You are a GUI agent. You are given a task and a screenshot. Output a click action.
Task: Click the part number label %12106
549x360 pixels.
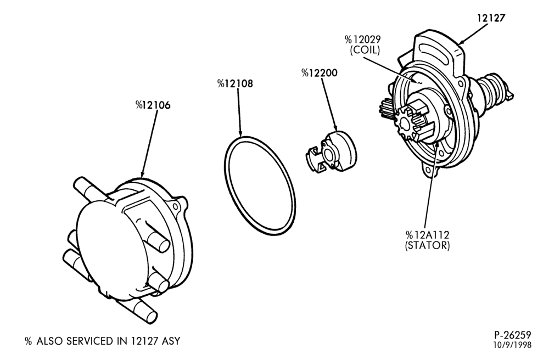pos(153,105)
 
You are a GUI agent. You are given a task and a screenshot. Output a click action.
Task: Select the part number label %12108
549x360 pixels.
pos(235,83)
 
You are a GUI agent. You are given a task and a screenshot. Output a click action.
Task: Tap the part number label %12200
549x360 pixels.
pos(320,73)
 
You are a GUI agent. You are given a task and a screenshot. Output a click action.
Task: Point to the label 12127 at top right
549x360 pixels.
pos(491,18)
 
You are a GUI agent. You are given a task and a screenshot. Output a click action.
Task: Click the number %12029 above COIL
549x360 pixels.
pos(362,39)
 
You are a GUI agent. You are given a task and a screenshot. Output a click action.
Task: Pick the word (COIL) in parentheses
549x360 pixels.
pos(365,50)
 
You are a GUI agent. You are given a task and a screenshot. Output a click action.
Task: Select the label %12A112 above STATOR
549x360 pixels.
pos(427,235)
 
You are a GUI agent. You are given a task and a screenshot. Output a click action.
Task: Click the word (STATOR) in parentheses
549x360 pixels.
pos(427,246)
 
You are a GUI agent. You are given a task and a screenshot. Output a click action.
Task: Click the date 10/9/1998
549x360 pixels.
pos(512,345)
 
